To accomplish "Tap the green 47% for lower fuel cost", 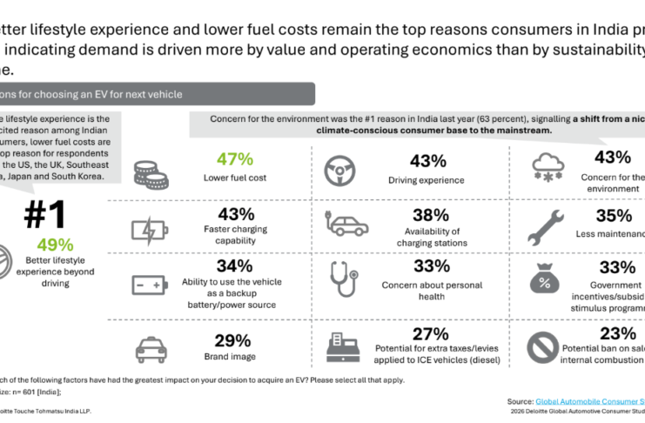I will coord(234,159).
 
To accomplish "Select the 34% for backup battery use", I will coord(232,265).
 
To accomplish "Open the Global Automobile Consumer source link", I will coord(589,401).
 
